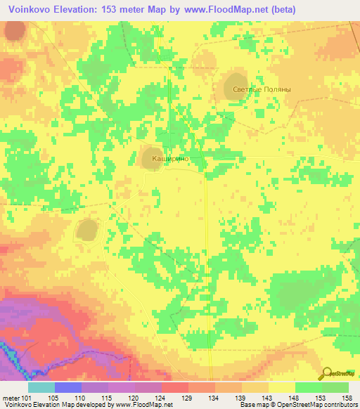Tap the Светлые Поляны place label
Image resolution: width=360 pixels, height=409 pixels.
[261, 89]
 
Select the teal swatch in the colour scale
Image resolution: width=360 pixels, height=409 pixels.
[41, 387]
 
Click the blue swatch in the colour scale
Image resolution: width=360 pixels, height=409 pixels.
[68, 387]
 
